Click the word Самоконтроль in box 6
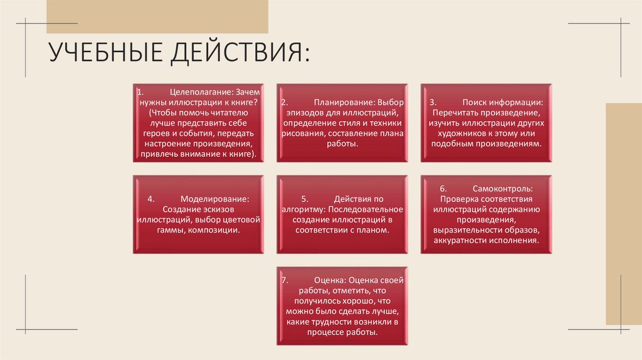coord(503,188)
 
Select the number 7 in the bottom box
coord(284,280)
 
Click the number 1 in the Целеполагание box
coord(140,92)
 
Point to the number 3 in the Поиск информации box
coord(432,102)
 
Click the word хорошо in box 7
coord(357,301)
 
